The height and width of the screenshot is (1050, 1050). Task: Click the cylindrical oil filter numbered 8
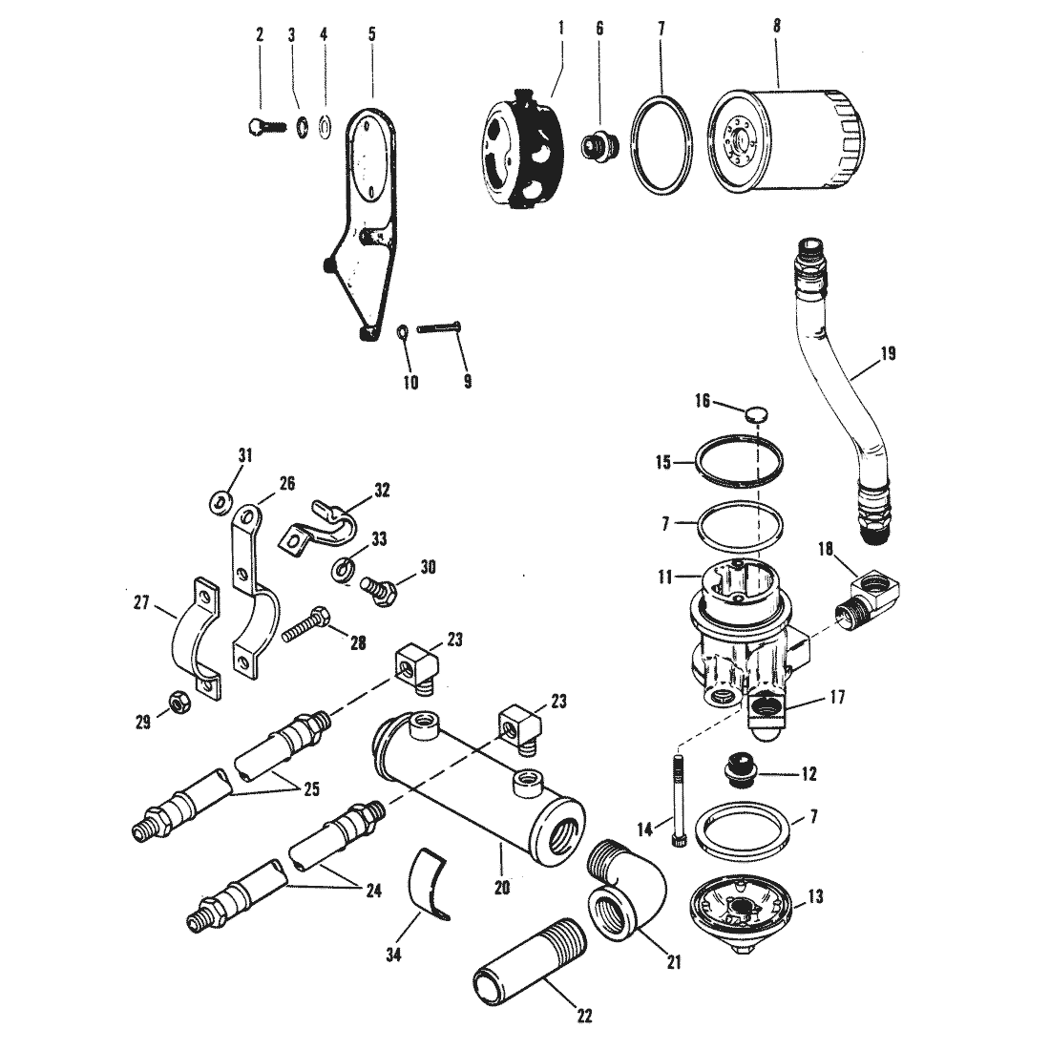click(786, 143)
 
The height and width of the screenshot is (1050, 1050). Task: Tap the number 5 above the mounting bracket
click(371, 34)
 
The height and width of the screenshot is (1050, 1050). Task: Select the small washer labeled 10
click(404, 332)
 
